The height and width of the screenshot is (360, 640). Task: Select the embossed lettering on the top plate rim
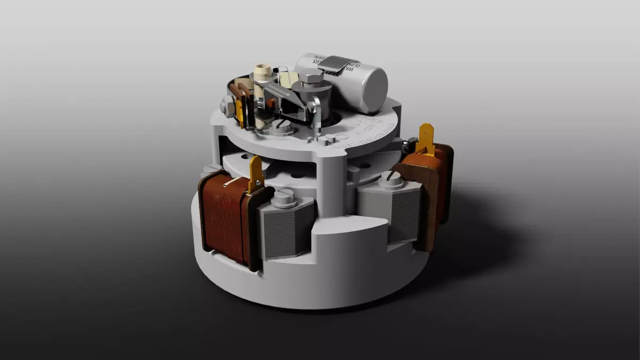[x=368, y=131]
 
